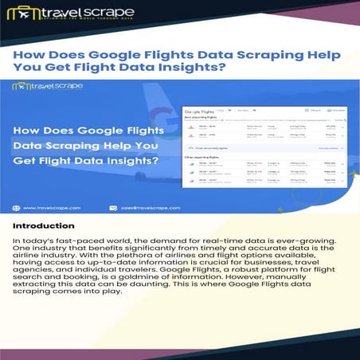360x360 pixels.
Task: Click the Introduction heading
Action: coord(43,226)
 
